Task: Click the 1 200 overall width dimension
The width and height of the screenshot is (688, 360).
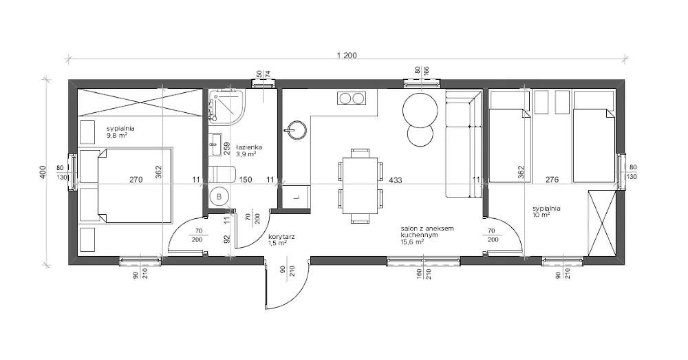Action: point(347,55)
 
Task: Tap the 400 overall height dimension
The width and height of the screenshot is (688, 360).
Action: point(43,171)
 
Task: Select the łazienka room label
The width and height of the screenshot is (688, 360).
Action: point(249,147)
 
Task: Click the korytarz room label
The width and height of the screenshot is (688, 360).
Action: point(281,237)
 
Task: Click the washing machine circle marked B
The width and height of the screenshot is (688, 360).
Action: point(219,197)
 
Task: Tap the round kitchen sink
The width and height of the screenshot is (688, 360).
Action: point(295,129)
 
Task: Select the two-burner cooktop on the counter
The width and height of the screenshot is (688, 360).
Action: point(352,98)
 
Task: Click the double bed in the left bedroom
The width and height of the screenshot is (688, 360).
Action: point(134,186)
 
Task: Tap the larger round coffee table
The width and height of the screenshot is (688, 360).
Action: point(420,109)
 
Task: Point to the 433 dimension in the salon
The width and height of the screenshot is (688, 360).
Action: point(396,180)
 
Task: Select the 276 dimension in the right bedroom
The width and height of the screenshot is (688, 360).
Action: point(552,180)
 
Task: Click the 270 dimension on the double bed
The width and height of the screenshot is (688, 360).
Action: point(136,180)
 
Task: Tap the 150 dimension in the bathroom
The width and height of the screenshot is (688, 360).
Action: point(246,180)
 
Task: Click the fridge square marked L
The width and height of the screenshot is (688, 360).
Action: point(296,197)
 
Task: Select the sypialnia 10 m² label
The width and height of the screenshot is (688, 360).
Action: point(546,211)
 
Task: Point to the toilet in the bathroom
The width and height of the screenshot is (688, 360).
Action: point(222,174)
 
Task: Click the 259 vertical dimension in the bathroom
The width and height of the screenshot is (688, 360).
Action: point(227,149)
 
